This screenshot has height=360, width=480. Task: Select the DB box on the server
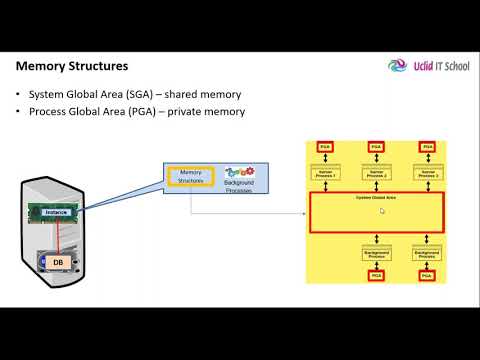click(58, 262)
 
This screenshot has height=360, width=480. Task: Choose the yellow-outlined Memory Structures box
click(191, 178)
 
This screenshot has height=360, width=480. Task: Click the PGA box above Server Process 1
click(324, 148)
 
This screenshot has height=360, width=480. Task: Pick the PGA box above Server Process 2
click(375, 148)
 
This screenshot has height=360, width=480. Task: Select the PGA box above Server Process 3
click(426, 148)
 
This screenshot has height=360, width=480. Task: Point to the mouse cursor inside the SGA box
click(381, 211)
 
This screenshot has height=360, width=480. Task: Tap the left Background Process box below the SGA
click(375, 255)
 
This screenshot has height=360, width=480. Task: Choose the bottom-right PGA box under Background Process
click(426, 275)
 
